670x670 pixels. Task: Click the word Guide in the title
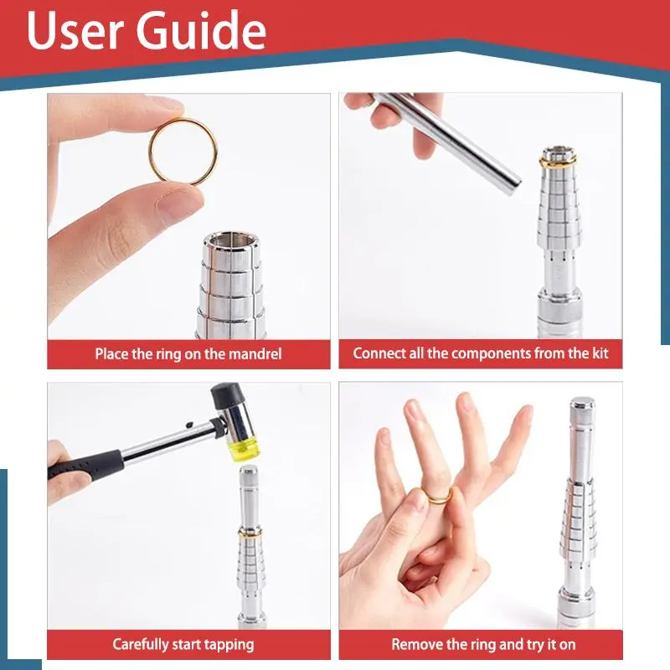pos(201,30)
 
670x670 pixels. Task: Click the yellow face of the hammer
pos(245,450)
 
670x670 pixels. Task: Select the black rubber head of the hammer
pos(224,394)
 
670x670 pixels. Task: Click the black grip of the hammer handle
pos(85,465)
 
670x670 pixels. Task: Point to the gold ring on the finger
pos(436,496)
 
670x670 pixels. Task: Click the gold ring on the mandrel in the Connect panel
pos(558,162)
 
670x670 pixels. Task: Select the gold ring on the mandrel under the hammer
pos(250,535)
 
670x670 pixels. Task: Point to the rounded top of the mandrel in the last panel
pos(583,403)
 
